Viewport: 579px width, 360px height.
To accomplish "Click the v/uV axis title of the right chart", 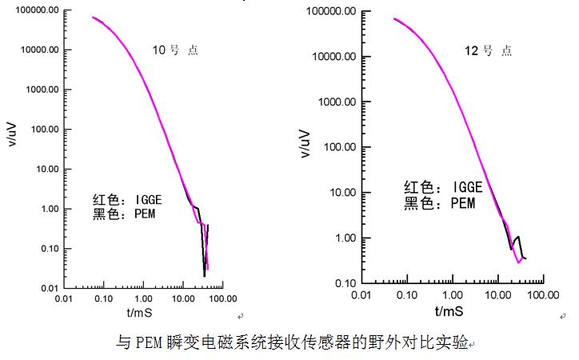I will pyautogui.click(x=305, y=143).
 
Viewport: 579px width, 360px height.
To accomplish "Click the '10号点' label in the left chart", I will pyautogui.click(x=175, y=50).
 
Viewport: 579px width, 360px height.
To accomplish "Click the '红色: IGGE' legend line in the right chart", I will pyautogui.click(x=443, y=187).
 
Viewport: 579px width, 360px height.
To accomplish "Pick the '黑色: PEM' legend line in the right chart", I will pyautogui.click(x=439, y=203).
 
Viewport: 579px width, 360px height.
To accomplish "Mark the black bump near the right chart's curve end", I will pyautogui.click(x=517, y=238).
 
